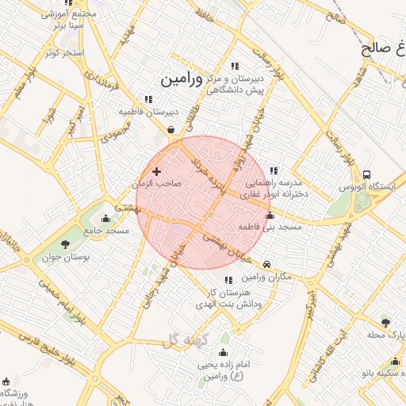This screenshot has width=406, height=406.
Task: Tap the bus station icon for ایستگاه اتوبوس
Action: [x=366, y=174]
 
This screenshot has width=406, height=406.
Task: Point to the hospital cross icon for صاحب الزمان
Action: [x=156, y=171]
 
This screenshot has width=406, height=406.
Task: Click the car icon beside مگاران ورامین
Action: [x=266, y=264]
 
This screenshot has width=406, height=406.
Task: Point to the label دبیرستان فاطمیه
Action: [x=149, y=112]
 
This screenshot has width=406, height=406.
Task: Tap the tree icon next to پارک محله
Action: [x=385, y=323]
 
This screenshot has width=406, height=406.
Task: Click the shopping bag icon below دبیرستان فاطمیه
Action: [x=171, y=131]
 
